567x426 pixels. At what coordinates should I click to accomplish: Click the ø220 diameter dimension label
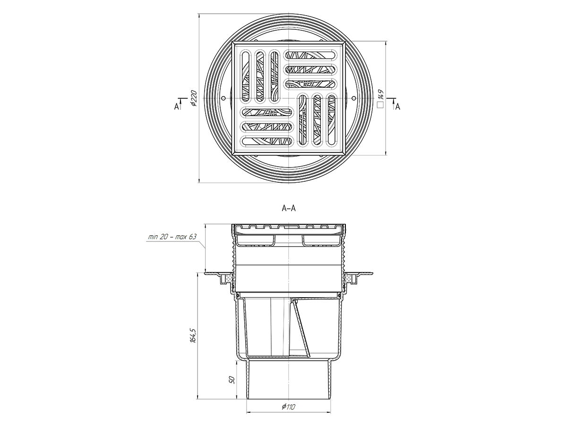[194, 98]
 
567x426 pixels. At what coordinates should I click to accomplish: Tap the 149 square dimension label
[380, 95]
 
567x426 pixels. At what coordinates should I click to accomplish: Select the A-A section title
[289, 208]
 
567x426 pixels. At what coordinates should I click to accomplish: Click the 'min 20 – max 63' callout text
[172, 237]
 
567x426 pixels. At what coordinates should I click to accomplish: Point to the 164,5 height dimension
[193, 336]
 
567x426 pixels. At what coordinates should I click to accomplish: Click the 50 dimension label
[232, 380]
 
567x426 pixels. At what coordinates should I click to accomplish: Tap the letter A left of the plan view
[176, 106]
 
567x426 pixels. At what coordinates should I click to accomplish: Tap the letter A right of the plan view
[397, 106]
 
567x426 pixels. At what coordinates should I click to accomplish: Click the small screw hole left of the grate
[223, 98]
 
